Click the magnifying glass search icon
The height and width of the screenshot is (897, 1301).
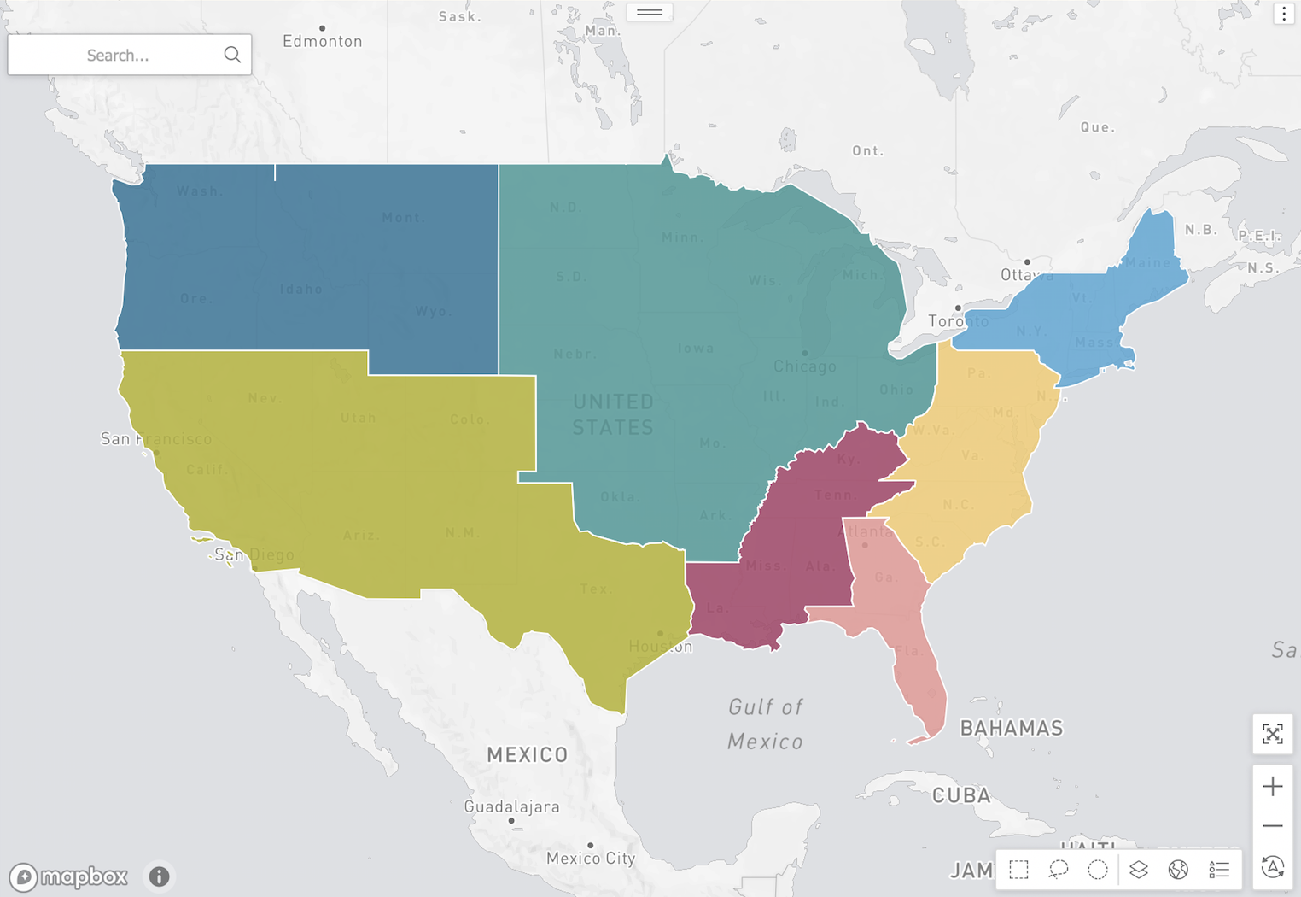232,55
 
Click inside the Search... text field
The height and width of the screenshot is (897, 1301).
118,56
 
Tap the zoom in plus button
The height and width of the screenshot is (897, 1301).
1272,786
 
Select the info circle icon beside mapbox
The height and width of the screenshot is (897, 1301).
159,876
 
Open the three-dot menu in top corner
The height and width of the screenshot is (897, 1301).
1284,14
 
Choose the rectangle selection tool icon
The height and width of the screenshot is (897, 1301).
1018,870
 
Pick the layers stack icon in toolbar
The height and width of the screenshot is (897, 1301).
1138,870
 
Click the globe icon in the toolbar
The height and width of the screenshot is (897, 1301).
1178,870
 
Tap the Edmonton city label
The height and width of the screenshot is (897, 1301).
323,41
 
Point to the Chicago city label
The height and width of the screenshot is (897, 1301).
804,366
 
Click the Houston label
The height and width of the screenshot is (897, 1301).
661,647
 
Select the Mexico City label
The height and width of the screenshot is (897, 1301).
591,858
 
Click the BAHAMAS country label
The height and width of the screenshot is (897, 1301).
1012,728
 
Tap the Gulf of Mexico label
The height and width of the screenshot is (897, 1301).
765,724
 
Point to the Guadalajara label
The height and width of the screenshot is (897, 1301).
511,806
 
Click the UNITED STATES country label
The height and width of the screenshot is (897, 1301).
613,414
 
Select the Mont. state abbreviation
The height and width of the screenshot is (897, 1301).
402,218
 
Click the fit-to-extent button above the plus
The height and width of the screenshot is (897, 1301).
1272,734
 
